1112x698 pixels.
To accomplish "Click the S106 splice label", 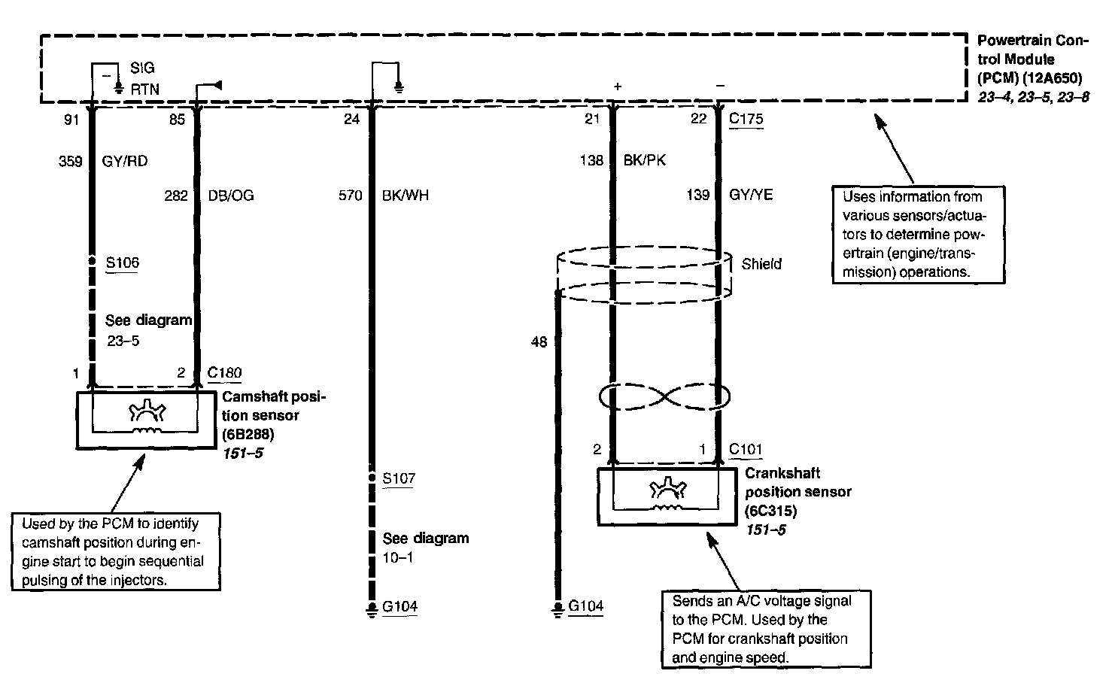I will click(122, 263).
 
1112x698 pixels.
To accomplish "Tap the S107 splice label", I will click(398, 478).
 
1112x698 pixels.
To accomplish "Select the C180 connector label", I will click(224, 372).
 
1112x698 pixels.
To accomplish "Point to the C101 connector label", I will click(745, 450).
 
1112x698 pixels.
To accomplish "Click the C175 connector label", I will click(746, 119).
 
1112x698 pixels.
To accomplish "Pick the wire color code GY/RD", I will click(124, 161).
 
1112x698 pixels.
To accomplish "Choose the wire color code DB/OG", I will click(231, 196).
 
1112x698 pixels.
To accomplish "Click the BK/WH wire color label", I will click(406, 196).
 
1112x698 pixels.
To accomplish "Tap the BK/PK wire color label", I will click(645, 160).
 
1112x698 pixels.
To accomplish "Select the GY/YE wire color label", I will click(751, 195).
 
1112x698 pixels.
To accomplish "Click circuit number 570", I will click(351, 196).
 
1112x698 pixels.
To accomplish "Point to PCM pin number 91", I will click(71, 119).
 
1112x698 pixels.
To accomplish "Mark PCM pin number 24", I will click(351, 119).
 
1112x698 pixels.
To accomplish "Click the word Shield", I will click(761, 264).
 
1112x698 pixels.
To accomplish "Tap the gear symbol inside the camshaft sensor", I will click(144, 412).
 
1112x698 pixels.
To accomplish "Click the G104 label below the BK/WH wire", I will click(400, 606).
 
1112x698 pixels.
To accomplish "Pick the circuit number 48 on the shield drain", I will click(539, 342).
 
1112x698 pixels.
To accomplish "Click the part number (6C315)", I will click(770, 511).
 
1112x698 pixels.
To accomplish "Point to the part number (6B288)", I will click(248, 434).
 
